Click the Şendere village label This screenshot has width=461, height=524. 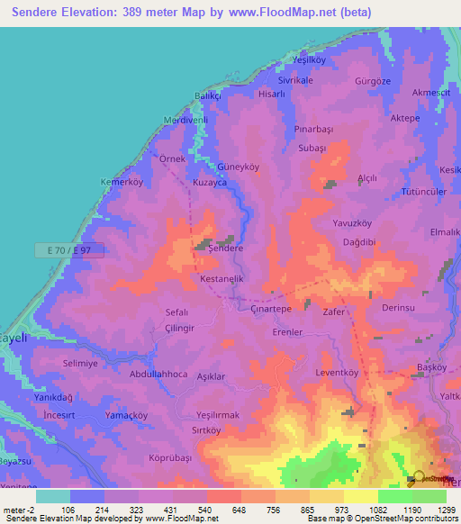[226, 248]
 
